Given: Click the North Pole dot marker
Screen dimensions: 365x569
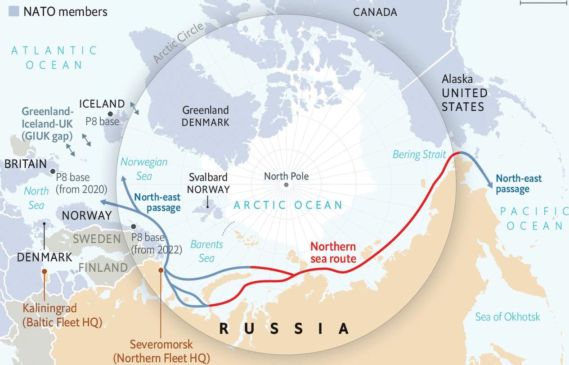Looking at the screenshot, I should [286, 185].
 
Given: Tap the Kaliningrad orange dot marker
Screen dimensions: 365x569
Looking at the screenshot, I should [44, 271].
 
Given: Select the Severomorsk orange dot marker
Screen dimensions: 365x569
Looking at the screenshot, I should [161, 270].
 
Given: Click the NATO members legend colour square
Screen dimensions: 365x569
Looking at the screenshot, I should [14, 11].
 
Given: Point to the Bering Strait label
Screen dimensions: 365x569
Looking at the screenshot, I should [419, 155].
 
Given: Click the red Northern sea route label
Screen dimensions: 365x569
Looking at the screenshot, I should [333, 252].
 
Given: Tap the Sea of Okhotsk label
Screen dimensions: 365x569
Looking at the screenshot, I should [508, 317].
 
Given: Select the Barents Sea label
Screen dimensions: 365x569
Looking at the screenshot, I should [207, 251].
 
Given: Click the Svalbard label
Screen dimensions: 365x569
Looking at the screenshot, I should [208, 177].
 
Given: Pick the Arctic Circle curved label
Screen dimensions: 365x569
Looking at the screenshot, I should [179, 43].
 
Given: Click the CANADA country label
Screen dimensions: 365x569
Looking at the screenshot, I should [375, 12].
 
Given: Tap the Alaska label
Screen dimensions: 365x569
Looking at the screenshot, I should [457, 79].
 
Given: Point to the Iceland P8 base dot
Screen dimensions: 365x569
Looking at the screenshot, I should [111, 114].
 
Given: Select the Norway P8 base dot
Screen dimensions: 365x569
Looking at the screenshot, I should [133, 227].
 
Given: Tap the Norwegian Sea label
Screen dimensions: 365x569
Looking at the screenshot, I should [144, 169].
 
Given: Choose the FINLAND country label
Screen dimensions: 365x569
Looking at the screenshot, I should [103, 268].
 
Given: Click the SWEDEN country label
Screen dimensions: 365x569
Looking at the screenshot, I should [97, 239].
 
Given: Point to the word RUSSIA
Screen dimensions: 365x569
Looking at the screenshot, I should [284, 329].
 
